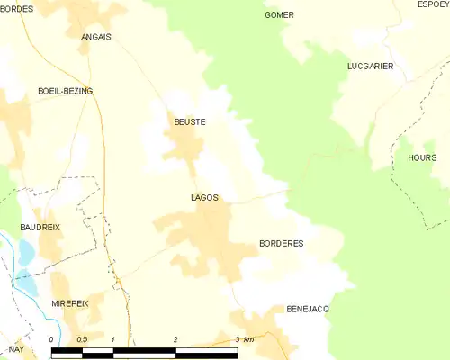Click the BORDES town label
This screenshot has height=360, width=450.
[17, 8]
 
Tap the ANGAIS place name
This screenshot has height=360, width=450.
[96, 37]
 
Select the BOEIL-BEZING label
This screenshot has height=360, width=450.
[65, 92]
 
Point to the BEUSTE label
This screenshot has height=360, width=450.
[190, 121]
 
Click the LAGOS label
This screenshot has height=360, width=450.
[204, 197]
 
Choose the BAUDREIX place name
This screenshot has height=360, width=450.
[40, 228]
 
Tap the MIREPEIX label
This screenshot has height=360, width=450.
[70, 304]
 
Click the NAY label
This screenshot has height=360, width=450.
[16, 348]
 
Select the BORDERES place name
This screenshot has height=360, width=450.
[281, 244]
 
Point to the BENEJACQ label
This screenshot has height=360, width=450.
[308, 308]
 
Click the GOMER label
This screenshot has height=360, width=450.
[279, 15]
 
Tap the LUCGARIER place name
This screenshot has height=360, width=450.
[370, 67]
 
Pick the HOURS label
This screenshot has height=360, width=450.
[421, 157]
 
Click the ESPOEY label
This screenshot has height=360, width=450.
[432, 4]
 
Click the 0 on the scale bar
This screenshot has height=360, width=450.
[52, 338]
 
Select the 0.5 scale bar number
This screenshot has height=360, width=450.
[82, 338]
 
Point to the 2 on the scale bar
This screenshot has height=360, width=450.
[175, 338]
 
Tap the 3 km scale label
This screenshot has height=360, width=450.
[243, 338]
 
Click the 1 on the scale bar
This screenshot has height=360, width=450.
[113, 338]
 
